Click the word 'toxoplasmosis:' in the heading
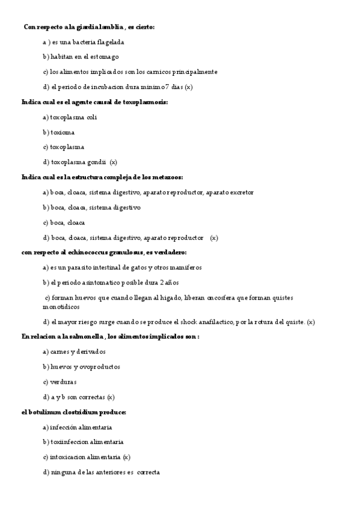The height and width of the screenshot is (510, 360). pyautogui.click(x=145, y=102)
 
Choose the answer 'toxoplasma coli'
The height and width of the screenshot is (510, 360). pyautogui.click(x=70, y=117)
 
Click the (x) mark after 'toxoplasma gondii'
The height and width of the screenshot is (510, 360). pyautogui.click(x=114, y=162)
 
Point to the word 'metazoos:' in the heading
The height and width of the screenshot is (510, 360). pyautogui.click(x=166, y=177)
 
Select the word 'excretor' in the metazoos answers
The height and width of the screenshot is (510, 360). pyautogui.click(x=241, y=192)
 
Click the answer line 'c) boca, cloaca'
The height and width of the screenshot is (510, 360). pyautogui.click(x=64, y=222)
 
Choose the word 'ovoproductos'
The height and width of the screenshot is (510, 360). pyautogui.click(x=100, y=366)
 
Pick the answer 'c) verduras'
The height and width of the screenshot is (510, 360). pyautogui.click(x=59, y=382)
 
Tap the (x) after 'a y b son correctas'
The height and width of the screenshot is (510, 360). pyautogui.click(x=111, y=397)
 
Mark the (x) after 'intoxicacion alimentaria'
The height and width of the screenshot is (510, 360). pyautogui.click(x=126, y=457)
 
